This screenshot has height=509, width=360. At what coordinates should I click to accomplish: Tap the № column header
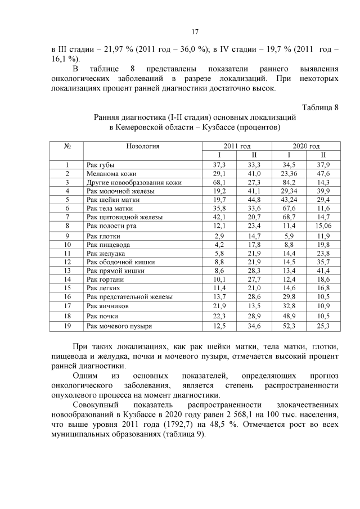[67, 146]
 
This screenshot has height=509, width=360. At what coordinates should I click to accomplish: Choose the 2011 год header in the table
[236, 146]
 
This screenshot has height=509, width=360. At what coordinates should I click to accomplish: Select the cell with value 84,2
[289, 183]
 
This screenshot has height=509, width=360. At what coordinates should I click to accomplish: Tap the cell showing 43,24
[289, 200]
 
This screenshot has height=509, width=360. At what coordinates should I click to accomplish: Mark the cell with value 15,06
[323, 226]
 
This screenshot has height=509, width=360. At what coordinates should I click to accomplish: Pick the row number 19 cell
[67, 326]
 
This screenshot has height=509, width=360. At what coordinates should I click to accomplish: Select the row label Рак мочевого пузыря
[119, 326]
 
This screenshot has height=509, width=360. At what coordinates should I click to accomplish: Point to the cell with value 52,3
[289, 326]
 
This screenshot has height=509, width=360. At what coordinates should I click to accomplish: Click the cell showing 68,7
[289, 217]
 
